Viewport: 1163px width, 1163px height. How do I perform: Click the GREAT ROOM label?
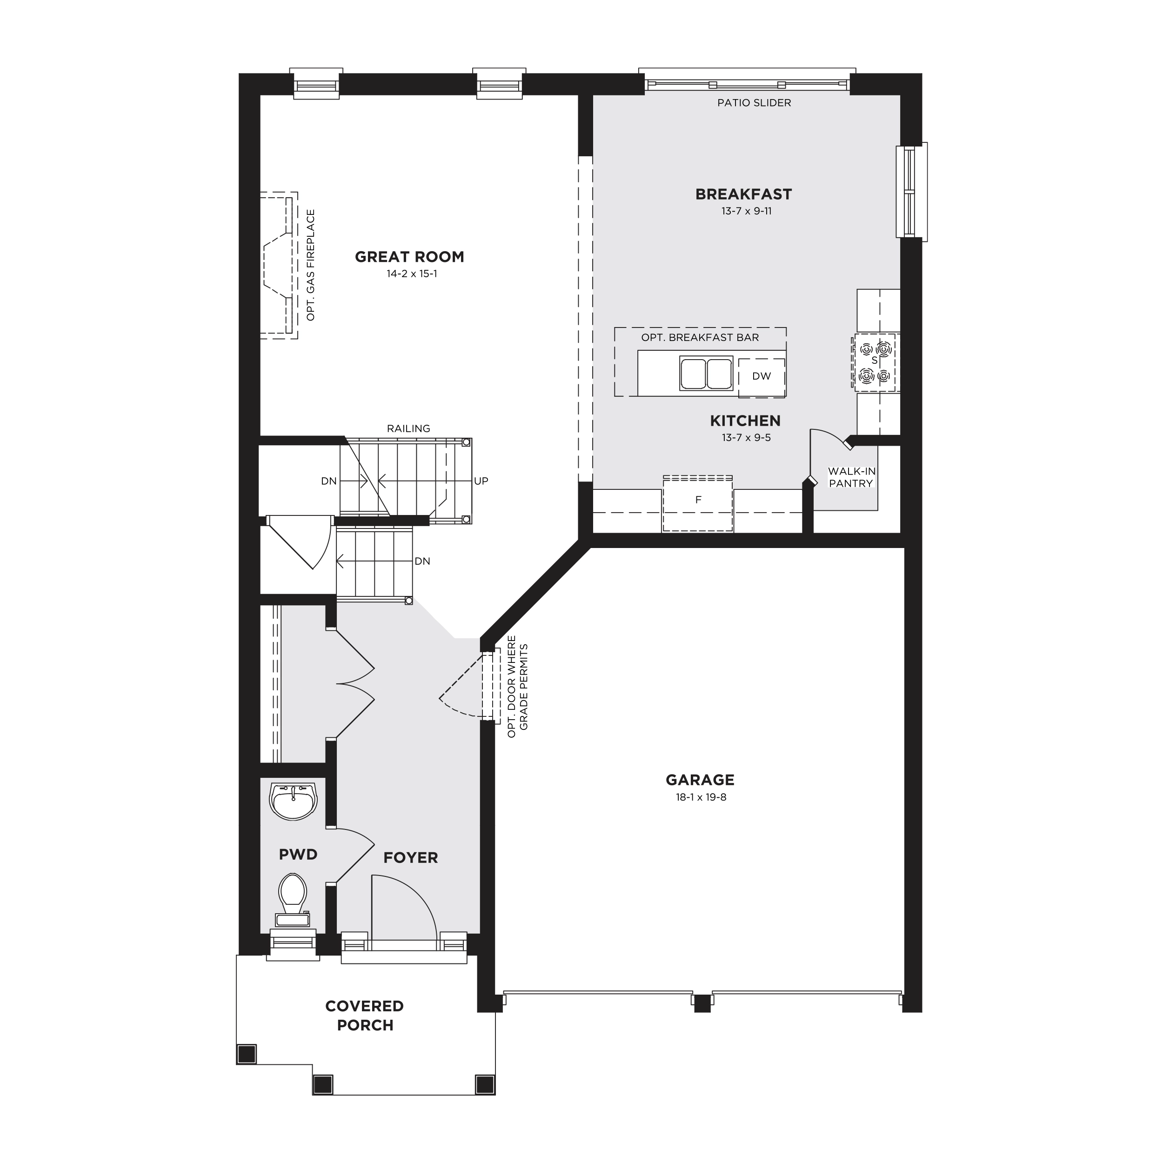[409, 257]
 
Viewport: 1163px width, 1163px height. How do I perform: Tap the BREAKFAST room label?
[743, 194]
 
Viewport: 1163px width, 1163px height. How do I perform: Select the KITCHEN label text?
[745, 421]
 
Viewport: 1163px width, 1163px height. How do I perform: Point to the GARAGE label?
[700, 780]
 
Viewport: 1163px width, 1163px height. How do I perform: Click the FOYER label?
[411, 858]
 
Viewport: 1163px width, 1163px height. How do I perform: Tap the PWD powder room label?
[298, 855]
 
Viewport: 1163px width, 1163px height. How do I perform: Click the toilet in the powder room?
[293, 901]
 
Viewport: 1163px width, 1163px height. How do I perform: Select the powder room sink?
[294, 801]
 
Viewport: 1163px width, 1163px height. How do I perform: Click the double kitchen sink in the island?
[706, 373]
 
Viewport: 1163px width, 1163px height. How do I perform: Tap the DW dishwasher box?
[762, 377]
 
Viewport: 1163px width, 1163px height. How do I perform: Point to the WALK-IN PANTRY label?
[851, 477]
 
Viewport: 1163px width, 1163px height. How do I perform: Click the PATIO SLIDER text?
[754, 103]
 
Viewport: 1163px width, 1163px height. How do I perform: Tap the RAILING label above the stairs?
[409, 428]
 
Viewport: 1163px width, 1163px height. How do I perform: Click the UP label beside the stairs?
[481, 481]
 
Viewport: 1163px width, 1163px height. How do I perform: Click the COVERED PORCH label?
[365, 1016]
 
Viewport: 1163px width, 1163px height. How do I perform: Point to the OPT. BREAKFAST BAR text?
[700, 338]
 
